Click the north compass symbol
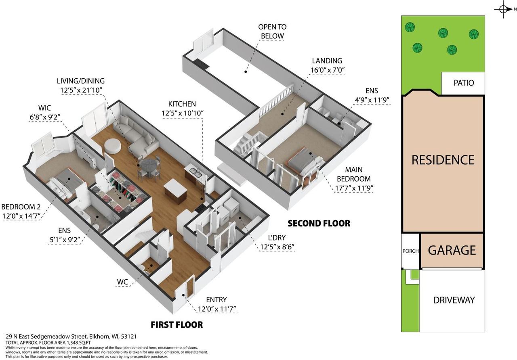[x=503, y=9]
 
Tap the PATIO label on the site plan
[x=464, y=83]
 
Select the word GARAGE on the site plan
[x=452, y=250]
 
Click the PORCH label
[x=410, y=251]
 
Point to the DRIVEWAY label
[x=454, y=300]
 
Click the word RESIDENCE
[x=443, y=160]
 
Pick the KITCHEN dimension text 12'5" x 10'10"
[x=182, y=113]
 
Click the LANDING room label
[x=327, y=61]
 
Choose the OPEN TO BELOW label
[x=272, y=31]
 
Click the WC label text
[x=122, y=282]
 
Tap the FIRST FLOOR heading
[x=177, y=325]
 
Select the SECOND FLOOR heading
[x=319, y=223]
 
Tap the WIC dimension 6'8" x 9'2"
[x=45, y=117]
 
